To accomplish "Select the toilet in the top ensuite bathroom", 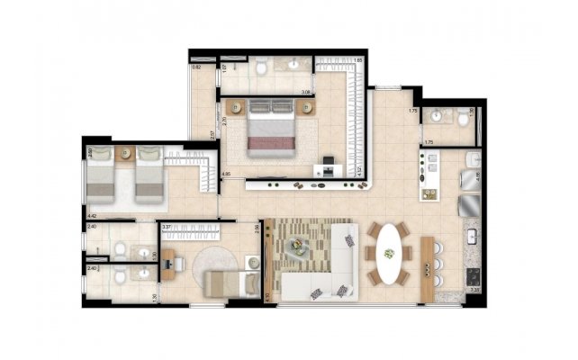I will [259, 67].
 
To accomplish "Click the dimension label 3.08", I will [306, 93].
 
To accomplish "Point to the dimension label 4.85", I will [227, 173].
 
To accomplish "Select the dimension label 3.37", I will [167, 228].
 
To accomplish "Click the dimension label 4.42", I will [92, 216].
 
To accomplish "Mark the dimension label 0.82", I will [196, 67].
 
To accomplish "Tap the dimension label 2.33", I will [474, 290].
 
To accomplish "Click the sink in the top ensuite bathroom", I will [296, 64].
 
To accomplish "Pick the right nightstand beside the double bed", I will [309, 107].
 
